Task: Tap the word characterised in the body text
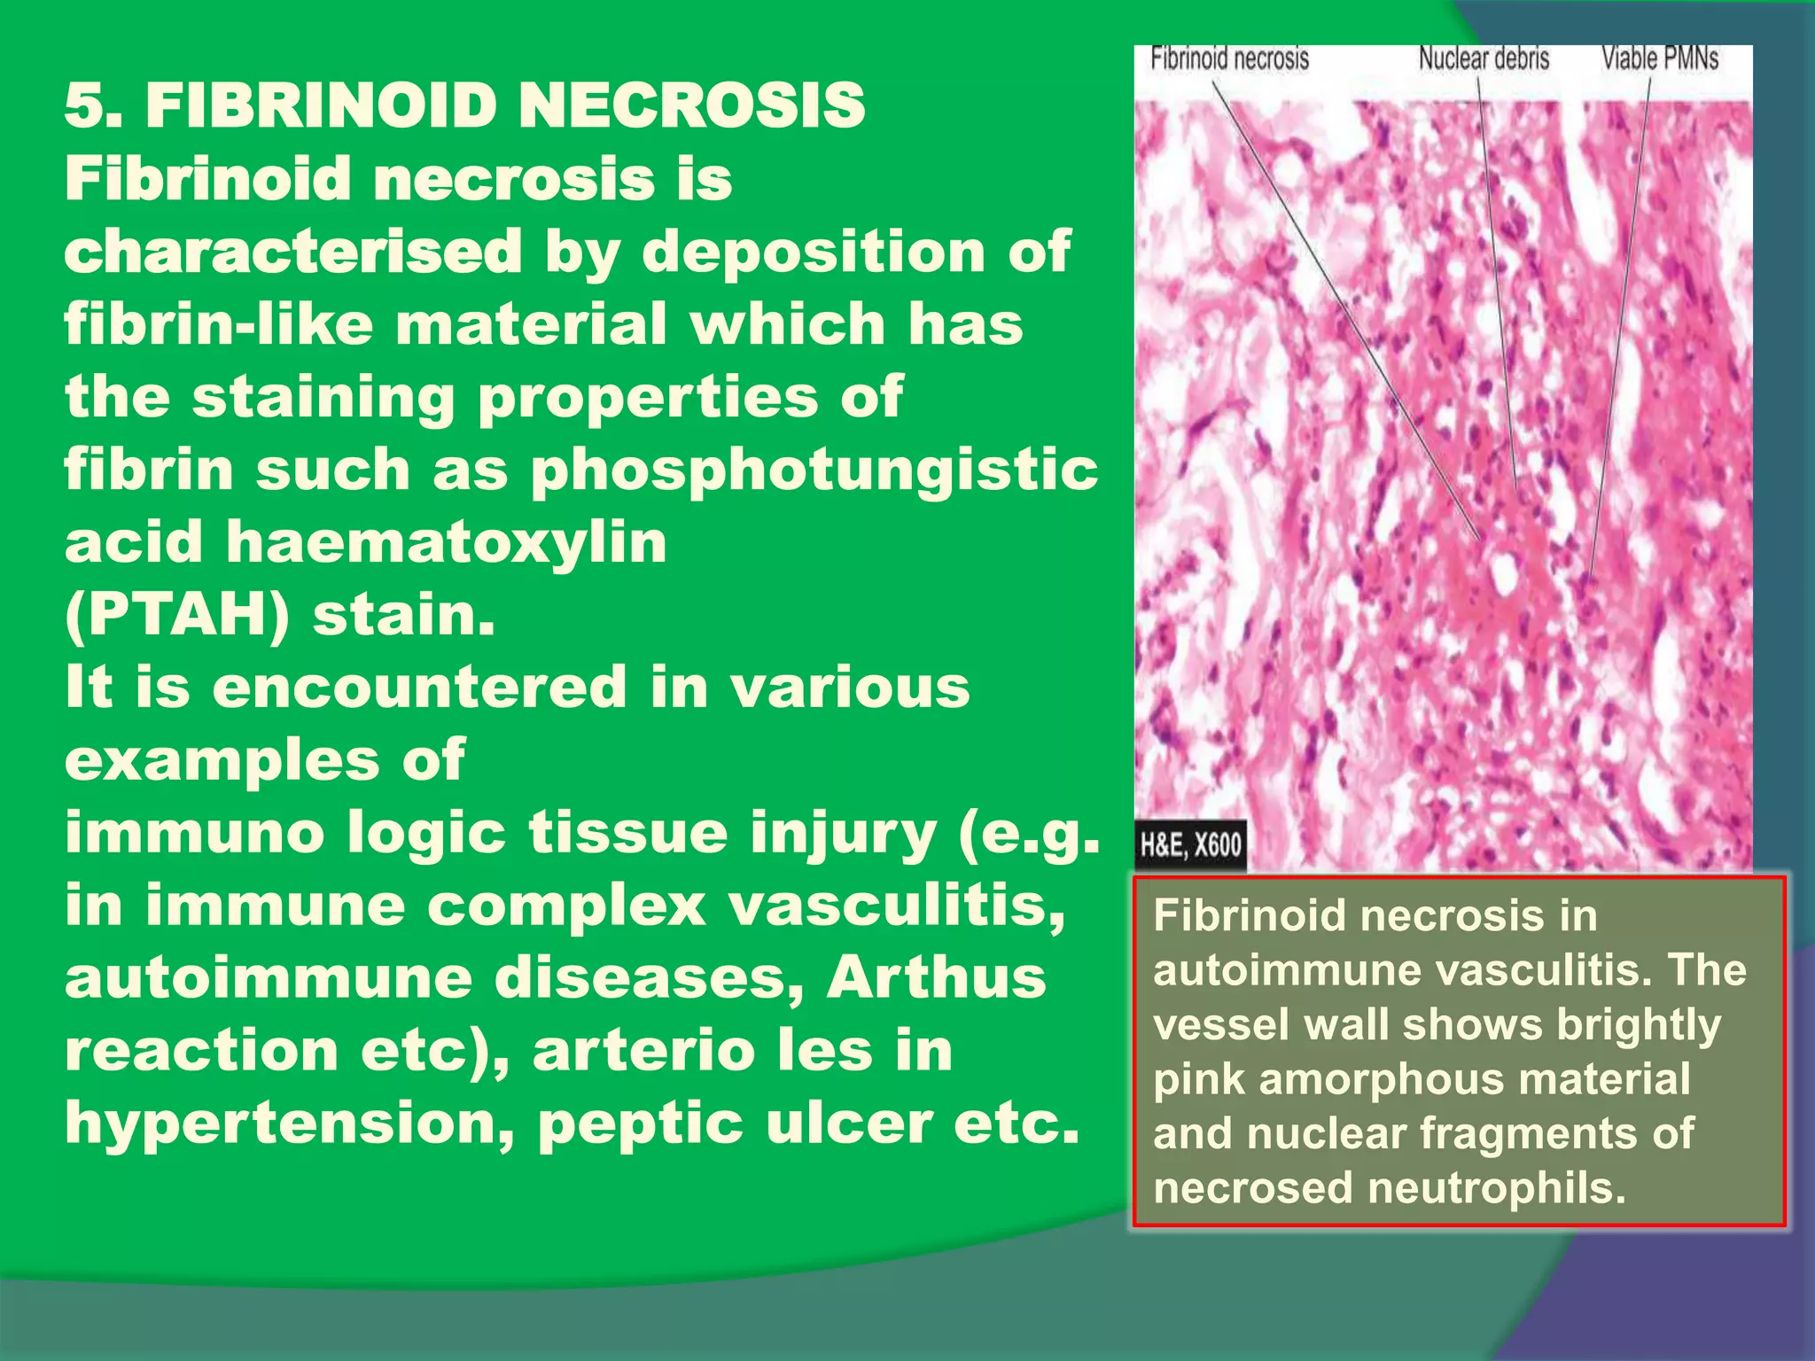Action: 293,252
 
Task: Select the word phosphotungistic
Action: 814,470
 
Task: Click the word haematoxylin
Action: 446,542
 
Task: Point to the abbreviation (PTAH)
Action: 177,615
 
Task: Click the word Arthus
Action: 936,978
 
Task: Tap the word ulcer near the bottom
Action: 848,1124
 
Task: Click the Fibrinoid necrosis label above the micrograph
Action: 1229,59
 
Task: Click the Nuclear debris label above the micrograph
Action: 1484,59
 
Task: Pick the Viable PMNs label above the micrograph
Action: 1660,59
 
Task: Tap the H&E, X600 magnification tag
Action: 1190,844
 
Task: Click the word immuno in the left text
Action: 194,833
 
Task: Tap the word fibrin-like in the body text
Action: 218,324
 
